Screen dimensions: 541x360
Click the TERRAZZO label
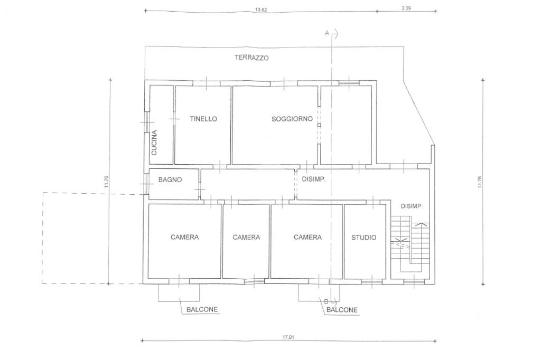click(251, 58)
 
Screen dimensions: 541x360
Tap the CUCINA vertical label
click(154, 143)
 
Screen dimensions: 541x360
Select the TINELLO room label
click(203, 119)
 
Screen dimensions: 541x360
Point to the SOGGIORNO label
click(292, 119)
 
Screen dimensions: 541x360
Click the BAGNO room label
click(170, 179)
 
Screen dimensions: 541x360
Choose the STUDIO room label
click(363, 237)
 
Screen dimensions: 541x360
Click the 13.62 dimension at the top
click(261, 10)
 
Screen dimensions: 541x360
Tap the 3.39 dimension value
click(406, 8)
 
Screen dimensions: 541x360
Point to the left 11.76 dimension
click(106, 182)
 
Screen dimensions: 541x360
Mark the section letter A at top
click(327, 33)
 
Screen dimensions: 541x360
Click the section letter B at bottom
click(326, 301)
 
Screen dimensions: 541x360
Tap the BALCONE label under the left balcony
click(202, 309)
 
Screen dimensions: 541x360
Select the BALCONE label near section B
click(342, 310)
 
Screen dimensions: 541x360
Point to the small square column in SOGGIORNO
click(319, 125)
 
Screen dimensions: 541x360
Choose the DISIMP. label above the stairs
click(412, 206)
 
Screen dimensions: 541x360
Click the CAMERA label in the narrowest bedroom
click(246, 237)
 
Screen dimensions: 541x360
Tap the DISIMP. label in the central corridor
click(314, 179)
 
